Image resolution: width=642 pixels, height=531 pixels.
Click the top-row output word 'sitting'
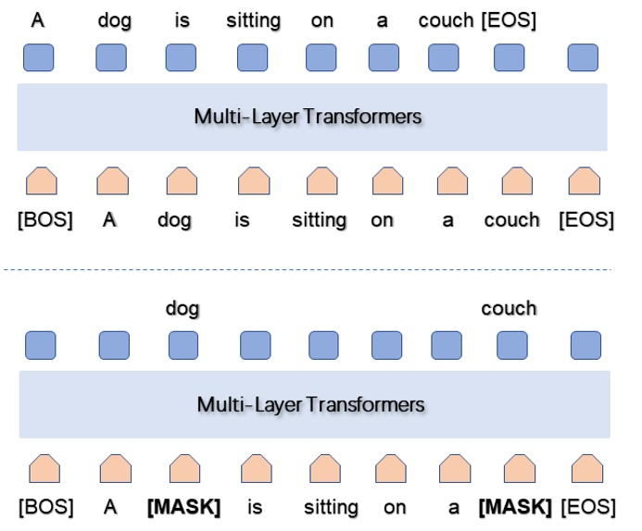click(x=253, y=20)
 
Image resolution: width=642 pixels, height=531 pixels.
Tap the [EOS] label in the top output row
click(x=509, y=20)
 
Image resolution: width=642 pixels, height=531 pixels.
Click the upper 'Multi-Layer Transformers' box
click(x=311, y=117)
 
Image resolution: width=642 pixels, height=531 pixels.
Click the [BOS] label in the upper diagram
click(x=44, y=221)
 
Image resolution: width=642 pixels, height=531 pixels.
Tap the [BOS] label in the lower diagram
click(x=45, y=508)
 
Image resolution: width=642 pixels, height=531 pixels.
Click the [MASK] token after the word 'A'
click(x=183, y=508)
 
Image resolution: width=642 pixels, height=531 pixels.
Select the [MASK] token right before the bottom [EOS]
click(x=514, y=508)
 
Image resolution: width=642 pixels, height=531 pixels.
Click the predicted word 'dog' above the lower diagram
click(x=183, y=308)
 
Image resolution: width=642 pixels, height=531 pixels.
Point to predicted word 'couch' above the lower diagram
click(x=509, y=308)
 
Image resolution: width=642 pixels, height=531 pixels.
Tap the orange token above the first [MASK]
click(x=185, y=468)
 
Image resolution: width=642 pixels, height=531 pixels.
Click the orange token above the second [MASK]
click(x=512, y=468)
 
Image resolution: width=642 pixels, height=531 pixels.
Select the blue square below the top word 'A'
click(x=38, y=57)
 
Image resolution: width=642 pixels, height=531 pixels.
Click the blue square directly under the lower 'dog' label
click(x=183, y=345)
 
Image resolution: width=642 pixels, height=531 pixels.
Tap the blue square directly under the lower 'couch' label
click(x=512, y=345)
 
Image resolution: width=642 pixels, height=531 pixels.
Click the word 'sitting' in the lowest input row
click(x=331, y=508)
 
